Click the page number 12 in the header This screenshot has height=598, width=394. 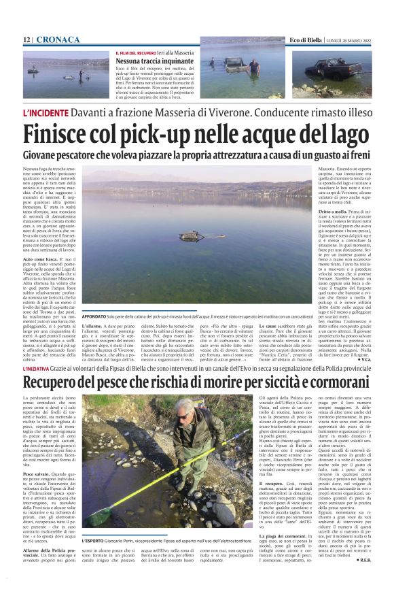tap(27, 40)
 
